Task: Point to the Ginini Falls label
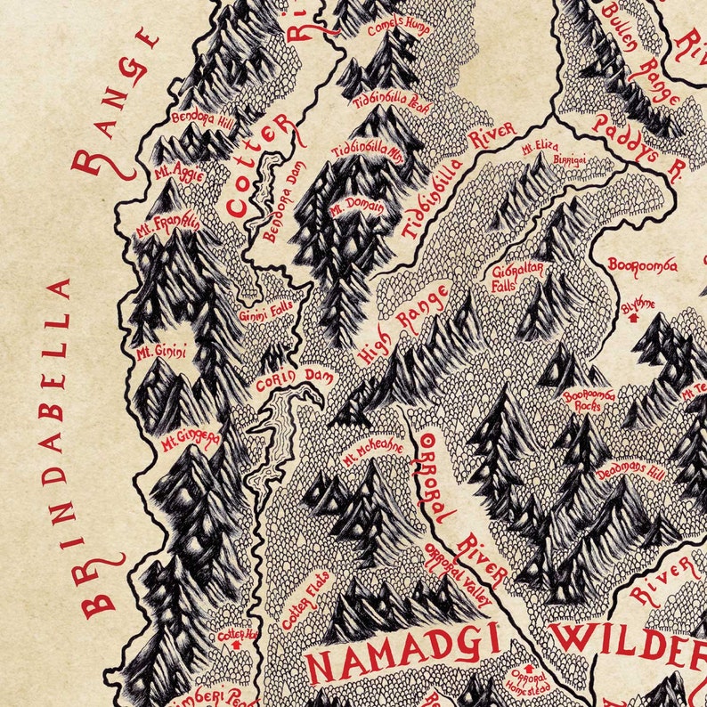265,313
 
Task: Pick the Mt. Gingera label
190,442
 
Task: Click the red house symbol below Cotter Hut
235,646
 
